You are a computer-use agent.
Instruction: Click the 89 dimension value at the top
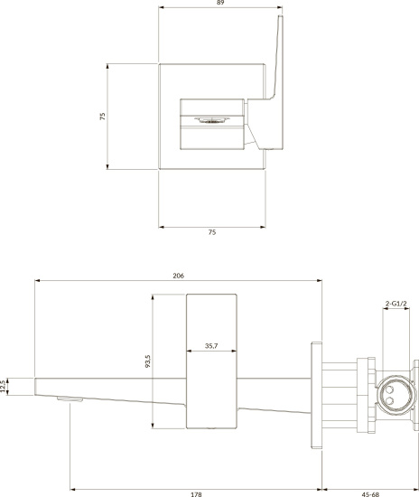click(x=220, y=3)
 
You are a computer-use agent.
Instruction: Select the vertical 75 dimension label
click(x=102, y=117)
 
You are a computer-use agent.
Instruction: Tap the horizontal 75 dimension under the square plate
click(x=212, y=232)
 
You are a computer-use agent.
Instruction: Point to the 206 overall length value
click(x=178, y=276)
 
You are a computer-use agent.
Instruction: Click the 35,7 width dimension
click(x=211, y=346)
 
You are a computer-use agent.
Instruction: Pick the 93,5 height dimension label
click(x=147, y=361)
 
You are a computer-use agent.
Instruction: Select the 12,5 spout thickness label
click(x=4, y=387)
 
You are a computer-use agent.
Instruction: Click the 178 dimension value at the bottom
click(x=196, y=494)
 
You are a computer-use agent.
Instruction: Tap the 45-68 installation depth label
click(x=370, y=494)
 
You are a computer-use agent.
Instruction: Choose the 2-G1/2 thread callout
click(x=396, y=304)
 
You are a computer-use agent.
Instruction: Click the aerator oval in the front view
click(x=211, y=120)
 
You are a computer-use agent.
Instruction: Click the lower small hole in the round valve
click(x=390, y=401)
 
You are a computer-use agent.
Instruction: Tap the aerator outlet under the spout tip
click(x=70, y=399)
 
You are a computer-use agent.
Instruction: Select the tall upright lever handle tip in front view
click(x=281, y=16)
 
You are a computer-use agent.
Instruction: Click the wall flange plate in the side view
click(x=317, y=395)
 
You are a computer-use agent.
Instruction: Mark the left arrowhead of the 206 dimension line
click(x=37, y=280)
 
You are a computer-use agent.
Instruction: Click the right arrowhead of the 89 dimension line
click(x=279, y=7)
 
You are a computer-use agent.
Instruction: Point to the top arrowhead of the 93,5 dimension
click(x=153, y=297)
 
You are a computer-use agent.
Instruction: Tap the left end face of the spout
click(x=35, y=387)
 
